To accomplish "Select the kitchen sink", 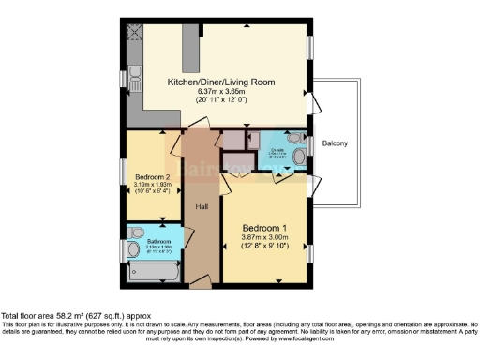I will (135, 72).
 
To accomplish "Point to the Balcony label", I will (336, 143).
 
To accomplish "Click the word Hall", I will (202, 206).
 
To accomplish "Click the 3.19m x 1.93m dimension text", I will (152, 186).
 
